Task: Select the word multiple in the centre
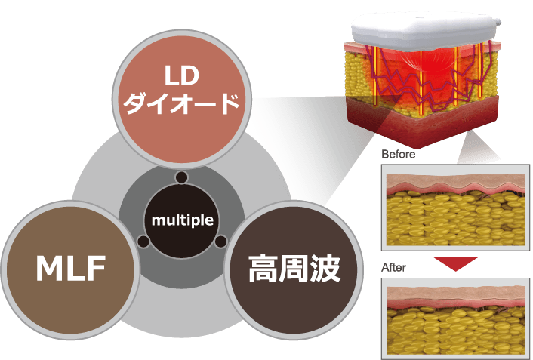tap(182, 220)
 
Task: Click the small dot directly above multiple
tap(182, 177)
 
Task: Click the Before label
tap(398, 154)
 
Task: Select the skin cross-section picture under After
tap(454, 318)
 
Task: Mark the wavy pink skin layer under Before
tap(453, 186)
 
